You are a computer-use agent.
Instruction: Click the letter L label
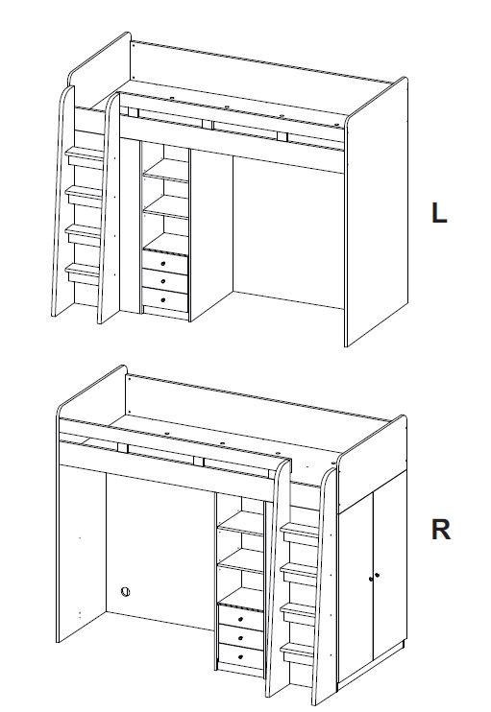click(x=439, y=213)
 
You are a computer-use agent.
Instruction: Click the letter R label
click(x=440, y=530)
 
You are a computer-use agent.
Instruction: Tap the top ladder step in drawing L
click(x=85, y=157)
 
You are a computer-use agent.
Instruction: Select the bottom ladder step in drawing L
click(x=83, y=273)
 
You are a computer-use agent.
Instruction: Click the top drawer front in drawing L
click(x=165, y=262)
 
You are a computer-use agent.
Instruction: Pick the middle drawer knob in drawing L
click(x=162, y=282)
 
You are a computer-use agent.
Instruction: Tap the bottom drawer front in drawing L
click(x=165, y=299)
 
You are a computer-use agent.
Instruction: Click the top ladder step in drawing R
click(x=300, y=534)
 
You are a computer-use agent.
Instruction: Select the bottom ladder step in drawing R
click(x=298, y=653)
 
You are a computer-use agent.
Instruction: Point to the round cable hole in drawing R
click(x=126, y=592)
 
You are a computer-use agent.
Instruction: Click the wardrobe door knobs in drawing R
click(x=374, y=577)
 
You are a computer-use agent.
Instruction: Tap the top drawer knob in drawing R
click(x=240, y=619)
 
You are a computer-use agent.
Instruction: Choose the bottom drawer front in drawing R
click(x=241, y=656)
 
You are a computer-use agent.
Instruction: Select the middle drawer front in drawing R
click(x=241, y=636)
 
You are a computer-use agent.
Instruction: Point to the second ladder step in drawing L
click(x=85, y=196)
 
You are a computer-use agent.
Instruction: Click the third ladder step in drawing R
click(x=298, y=614)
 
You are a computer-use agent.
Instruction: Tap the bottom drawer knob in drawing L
click(x=162, y=300)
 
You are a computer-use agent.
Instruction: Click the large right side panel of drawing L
click(x=377, y=213)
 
